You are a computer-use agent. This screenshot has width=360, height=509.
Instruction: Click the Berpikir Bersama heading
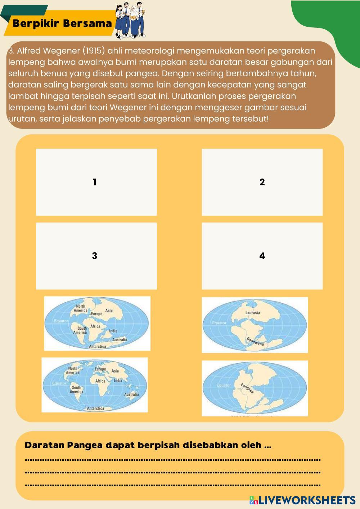[62, 24]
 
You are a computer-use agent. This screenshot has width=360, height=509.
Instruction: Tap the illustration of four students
[130, 20]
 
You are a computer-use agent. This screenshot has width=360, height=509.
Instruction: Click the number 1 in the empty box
[95, 182]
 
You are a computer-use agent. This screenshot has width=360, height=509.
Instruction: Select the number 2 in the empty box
[262, 182]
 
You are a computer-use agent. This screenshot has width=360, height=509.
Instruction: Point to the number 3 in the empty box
[95, 256]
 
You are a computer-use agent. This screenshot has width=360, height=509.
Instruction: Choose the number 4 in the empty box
[262, 256]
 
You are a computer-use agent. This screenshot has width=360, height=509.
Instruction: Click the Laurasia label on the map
[253, 313]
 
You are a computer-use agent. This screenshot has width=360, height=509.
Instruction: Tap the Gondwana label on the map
[256, 342]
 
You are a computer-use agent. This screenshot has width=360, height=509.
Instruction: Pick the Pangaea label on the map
[247, 388]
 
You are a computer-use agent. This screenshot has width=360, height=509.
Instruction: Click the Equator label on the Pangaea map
[224, 385]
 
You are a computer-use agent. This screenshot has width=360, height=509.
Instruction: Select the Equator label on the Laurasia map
[219, 323]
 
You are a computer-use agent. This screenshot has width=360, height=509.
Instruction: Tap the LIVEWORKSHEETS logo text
[307, 500]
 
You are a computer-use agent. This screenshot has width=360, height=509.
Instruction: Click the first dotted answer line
[173, 460]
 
